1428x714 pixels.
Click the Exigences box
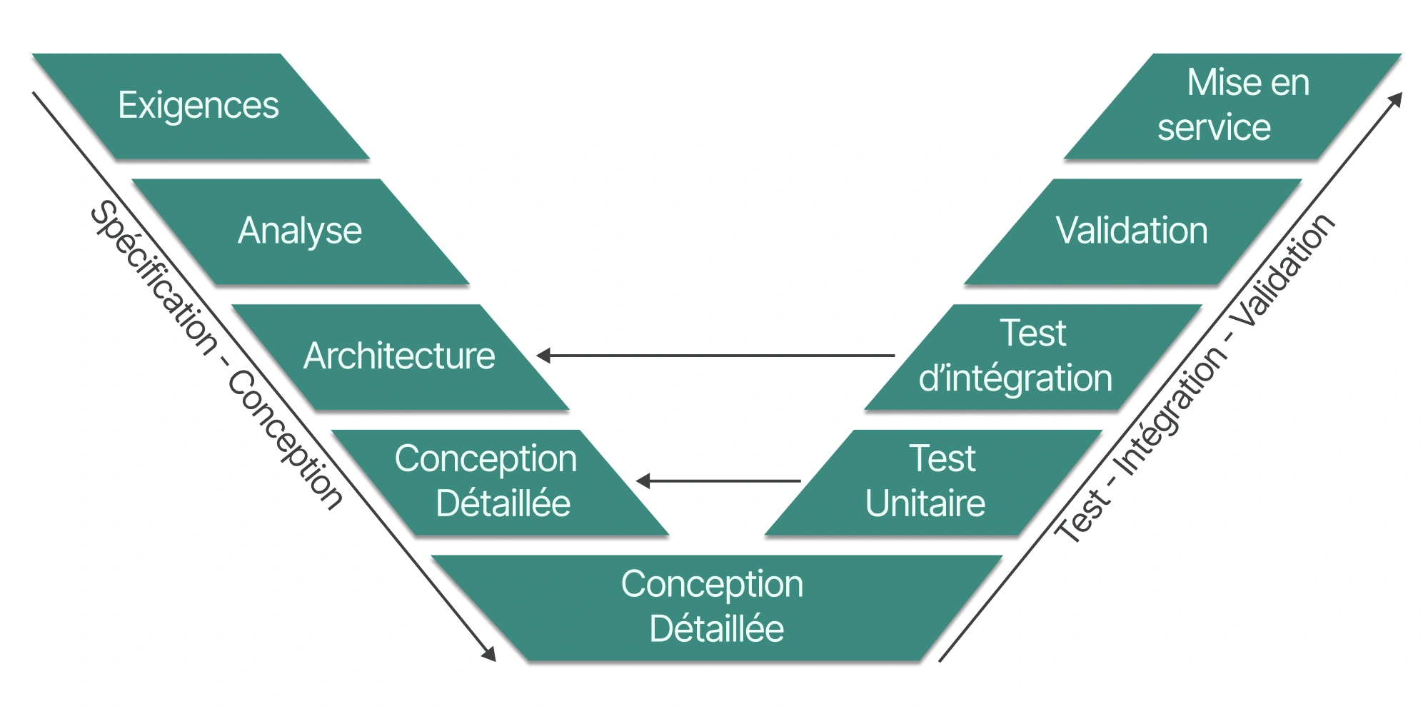[x=199, y=106]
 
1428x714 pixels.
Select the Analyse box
[x=300, y=231]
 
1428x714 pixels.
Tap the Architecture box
[x=399, y=356]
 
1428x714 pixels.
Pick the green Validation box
[x=1132, y=231]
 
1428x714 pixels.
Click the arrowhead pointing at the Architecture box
[x=544, y=356]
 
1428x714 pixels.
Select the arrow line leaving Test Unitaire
[x=721, y=481]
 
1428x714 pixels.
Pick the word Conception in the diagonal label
[x=286, y=439]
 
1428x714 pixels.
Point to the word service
[x=1214, y=129]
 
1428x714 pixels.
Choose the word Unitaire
[x=925, y=503]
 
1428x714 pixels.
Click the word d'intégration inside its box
[x=1015, y=378]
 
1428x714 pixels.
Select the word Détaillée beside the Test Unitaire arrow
[x=503, y=503]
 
